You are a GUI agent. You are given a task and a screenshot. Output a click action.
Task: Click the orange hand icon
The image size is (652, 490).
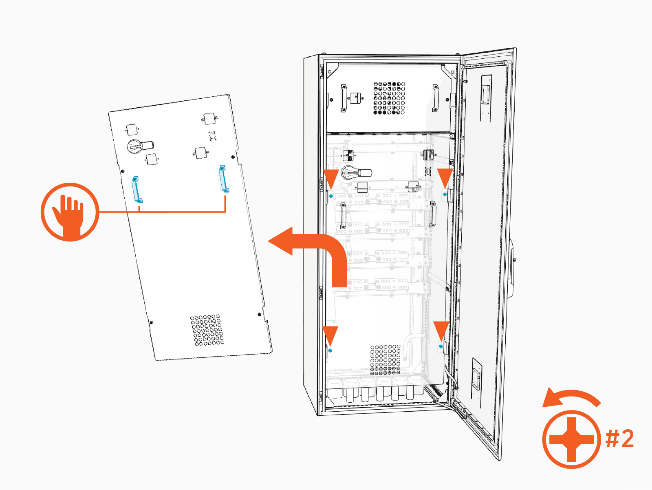(70, 212)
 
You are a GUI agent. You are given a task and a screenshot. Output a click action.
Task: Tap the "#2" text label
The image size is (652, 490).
(619, 439)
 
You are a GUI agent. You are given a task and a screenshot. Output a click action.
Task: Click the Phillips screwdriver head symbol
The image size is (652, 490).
(571, 439)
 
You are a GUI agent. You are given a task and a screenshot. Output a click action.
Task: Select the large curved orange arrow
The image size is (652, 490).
(314, 253)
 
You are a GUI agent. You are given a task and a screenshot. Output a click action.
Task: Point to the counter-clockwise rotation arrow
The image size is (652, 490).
(570, 397)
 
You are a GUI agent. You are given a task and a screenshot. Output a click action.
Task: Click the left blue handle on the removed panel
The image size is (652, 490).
(137, 189)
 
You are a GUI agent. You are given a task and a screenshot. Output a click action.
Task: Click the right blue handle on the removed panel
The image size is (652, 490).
(224, 179)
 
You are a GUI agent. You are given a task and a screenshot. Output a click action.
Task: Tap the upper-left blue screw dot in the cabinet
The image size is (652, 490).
(331, 196)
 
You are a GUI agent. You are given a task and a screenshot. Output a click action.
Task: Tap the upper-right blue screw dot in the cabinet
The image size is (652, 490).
(445, 195)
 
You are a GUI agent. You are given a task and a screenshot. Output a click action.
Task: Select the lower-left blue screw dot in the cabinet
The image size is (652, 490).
(330, 350)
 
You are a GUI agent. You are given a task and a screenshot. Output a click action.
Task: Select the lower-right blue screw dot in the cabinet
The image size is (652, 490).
(441, 346)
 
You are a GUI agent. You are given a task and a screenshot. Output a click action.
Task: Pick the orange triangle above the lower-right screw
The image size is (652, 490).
(441, 330)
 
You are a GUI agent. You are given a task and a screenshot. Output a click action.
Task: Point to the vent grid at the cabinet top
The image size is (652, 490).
(389, 98)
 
